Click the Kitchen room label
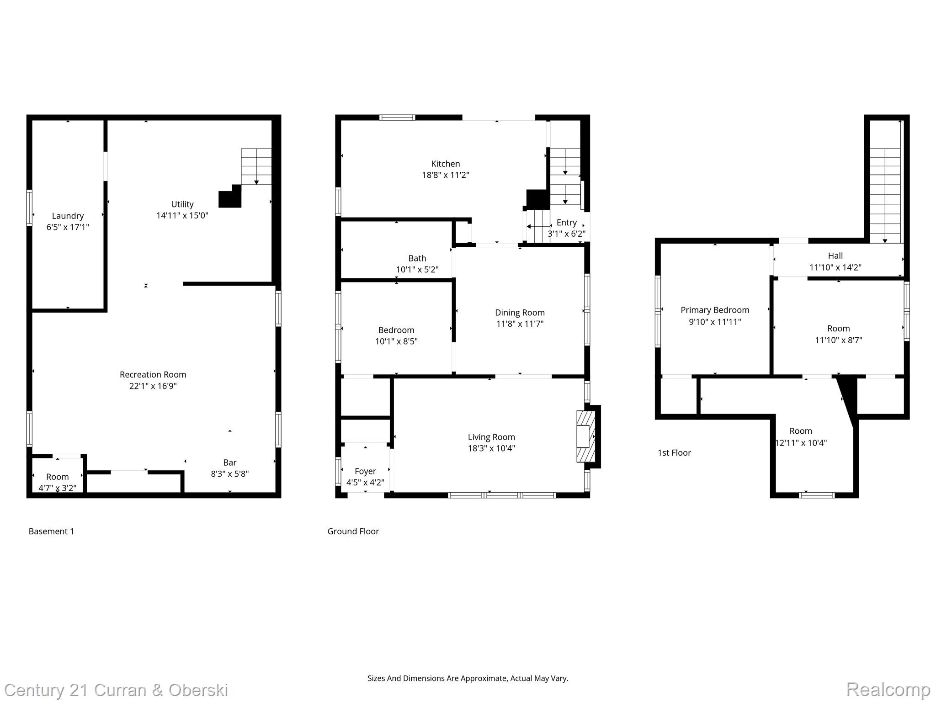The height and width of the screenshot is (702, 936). pos(445,164)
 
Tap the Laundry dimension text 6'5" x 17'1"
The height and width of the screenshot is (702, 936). pos(68,227)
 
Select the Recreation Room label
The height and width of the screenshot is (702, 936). pos(153,375)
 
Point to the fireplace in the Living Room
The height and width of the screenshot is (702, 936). pos(586,436)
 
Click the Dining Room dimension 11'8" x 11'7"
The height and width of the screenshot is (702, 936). pos(520,324)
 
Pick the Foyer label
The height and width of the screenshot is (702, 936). pos(365,471)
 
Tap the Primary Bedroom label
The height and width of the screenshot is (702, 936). pos(715,310)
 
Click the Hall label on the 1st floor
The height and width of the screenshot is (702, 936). pos(835,256)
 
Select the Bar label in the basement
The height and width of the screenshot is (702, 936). pos(229,463)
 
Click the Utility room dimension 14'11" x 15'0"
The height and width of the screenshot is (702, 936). pos(182,216)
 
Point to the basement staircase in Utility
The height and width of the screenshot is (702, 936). pos(256,166)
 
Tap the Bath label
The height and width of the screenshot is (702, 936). pos(417,258)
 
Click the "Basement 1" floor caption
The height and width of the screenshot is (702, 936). pos(51,531)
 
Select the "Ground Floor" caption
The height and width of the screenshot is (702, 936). pos(353,531)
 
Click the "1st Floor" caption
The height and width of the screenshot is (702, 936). pos(674,453)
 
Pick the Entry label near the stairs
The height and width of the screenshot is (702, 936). pos(566,223)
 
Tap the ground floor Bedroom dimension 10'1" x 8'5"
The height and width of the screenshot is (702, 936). pos(396,341)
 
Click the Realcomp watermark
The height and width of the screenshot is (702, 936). pos(888,689)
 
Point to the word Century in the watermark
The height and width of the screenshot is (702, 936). pos(34,690)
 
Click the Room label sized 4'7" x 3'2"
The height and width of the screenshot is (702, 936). pos(57,477)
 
